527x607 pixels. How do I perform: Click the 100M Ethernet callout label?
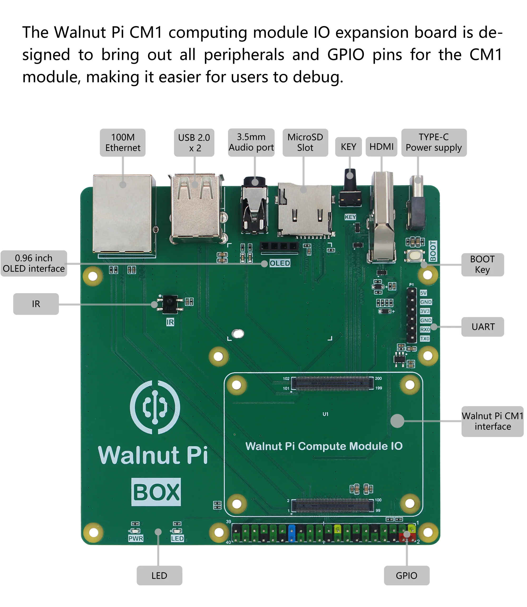[123, 142]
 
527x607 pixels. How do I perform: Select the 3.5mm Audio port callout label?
[251, 142]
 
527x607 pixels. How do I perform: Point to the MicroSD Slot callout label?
[305, 142]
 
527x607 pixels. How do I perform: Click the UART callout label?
[482, 327]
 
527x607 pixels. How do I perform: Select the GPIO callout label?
[406, 575]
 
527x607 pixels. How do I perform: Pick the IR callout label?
[36, 304]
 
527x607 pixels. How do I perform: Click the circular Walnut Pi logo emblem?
[155, 407]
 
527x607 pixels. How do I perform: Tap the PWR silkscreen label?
[136, 538]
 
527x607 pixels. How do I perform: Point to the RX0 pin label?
[425, 329]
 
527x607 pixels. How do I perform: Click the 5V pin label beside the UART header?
[423, 293]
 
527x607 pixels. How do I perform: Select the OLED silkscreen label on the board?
[280, 263]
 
